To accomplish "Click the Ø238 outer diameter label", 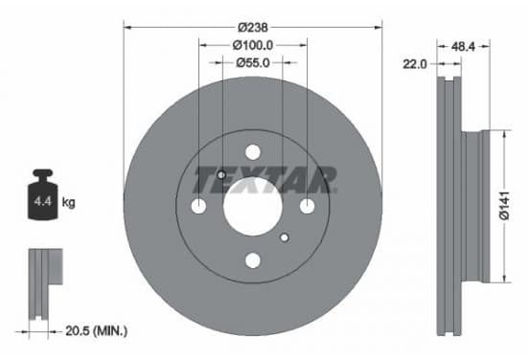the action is click(253, 27).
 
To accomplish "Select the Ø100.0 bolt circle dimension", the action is click(253, 45).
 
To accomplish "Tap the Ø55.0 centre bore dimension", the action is click(253, 62).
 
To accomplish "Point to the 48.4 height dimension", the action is click(463, 47).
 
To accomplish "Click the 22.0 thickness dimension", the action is click(415, 64).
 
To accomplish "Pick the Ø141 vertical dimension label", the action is click(505, 206).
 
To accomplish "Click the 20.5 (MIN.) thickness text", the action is click(97, 331).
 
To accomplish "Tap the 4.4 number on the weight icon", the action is click(42, 202).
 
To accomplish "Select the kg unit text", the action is click(68, 203).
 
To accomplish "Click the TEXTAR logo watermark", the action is click(265, 180).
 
